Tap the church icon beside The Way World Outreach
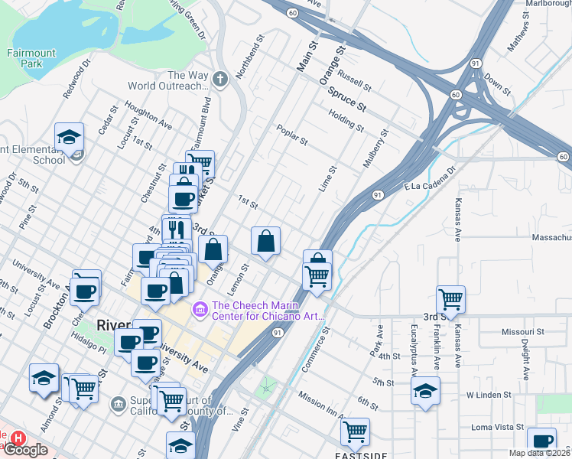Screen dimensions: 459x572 coord(220,79)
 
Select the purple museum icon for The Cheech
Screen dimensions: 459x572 coord(201,308)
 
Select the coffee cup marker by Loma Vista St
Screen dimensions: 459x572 coord(542,441)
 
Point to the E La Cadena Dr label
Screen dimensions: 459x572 coord(423,175)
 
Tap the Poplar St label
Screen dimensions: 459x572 coord(291,135)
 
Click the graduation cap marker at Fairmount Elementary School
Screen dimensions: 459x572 coord(70,138)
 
